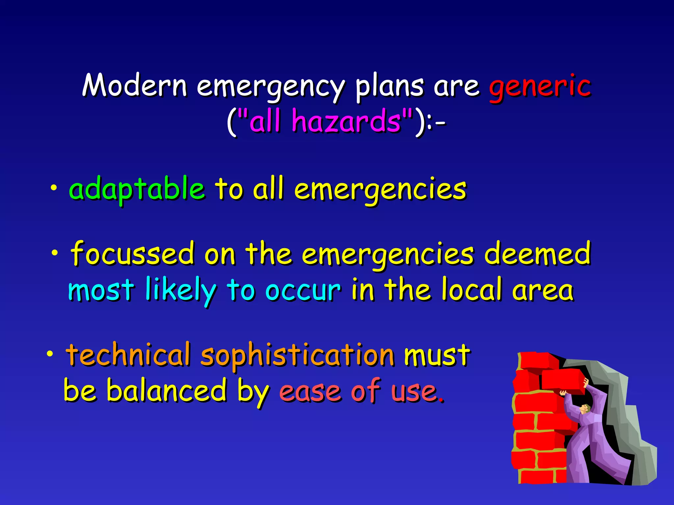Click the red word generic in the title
540,86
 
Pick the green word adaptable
137,189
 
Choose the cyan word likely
180,290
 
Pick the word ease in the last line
310,391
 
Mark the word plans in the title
389,86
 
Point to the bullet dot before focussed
55,253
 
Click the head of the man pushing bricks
584,409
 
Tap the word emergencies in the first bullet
380,189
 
